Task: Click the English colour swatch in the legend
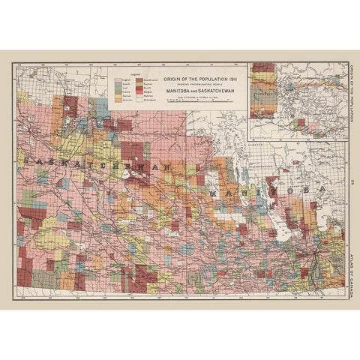pyautogui.click(x=118, y=79)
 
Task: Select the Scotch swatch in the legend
pyautogui.click(x=118, y=84)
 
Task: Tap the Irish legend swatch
pyautogui.click(x=118, y=88)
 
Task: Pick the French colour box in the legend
pyautogui.click(x=118, y=91)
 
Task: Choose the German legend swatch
pyautogui.click(x=118, y=96)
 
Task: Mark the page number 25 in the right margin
pyautogui.click(x=351, y=180)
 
